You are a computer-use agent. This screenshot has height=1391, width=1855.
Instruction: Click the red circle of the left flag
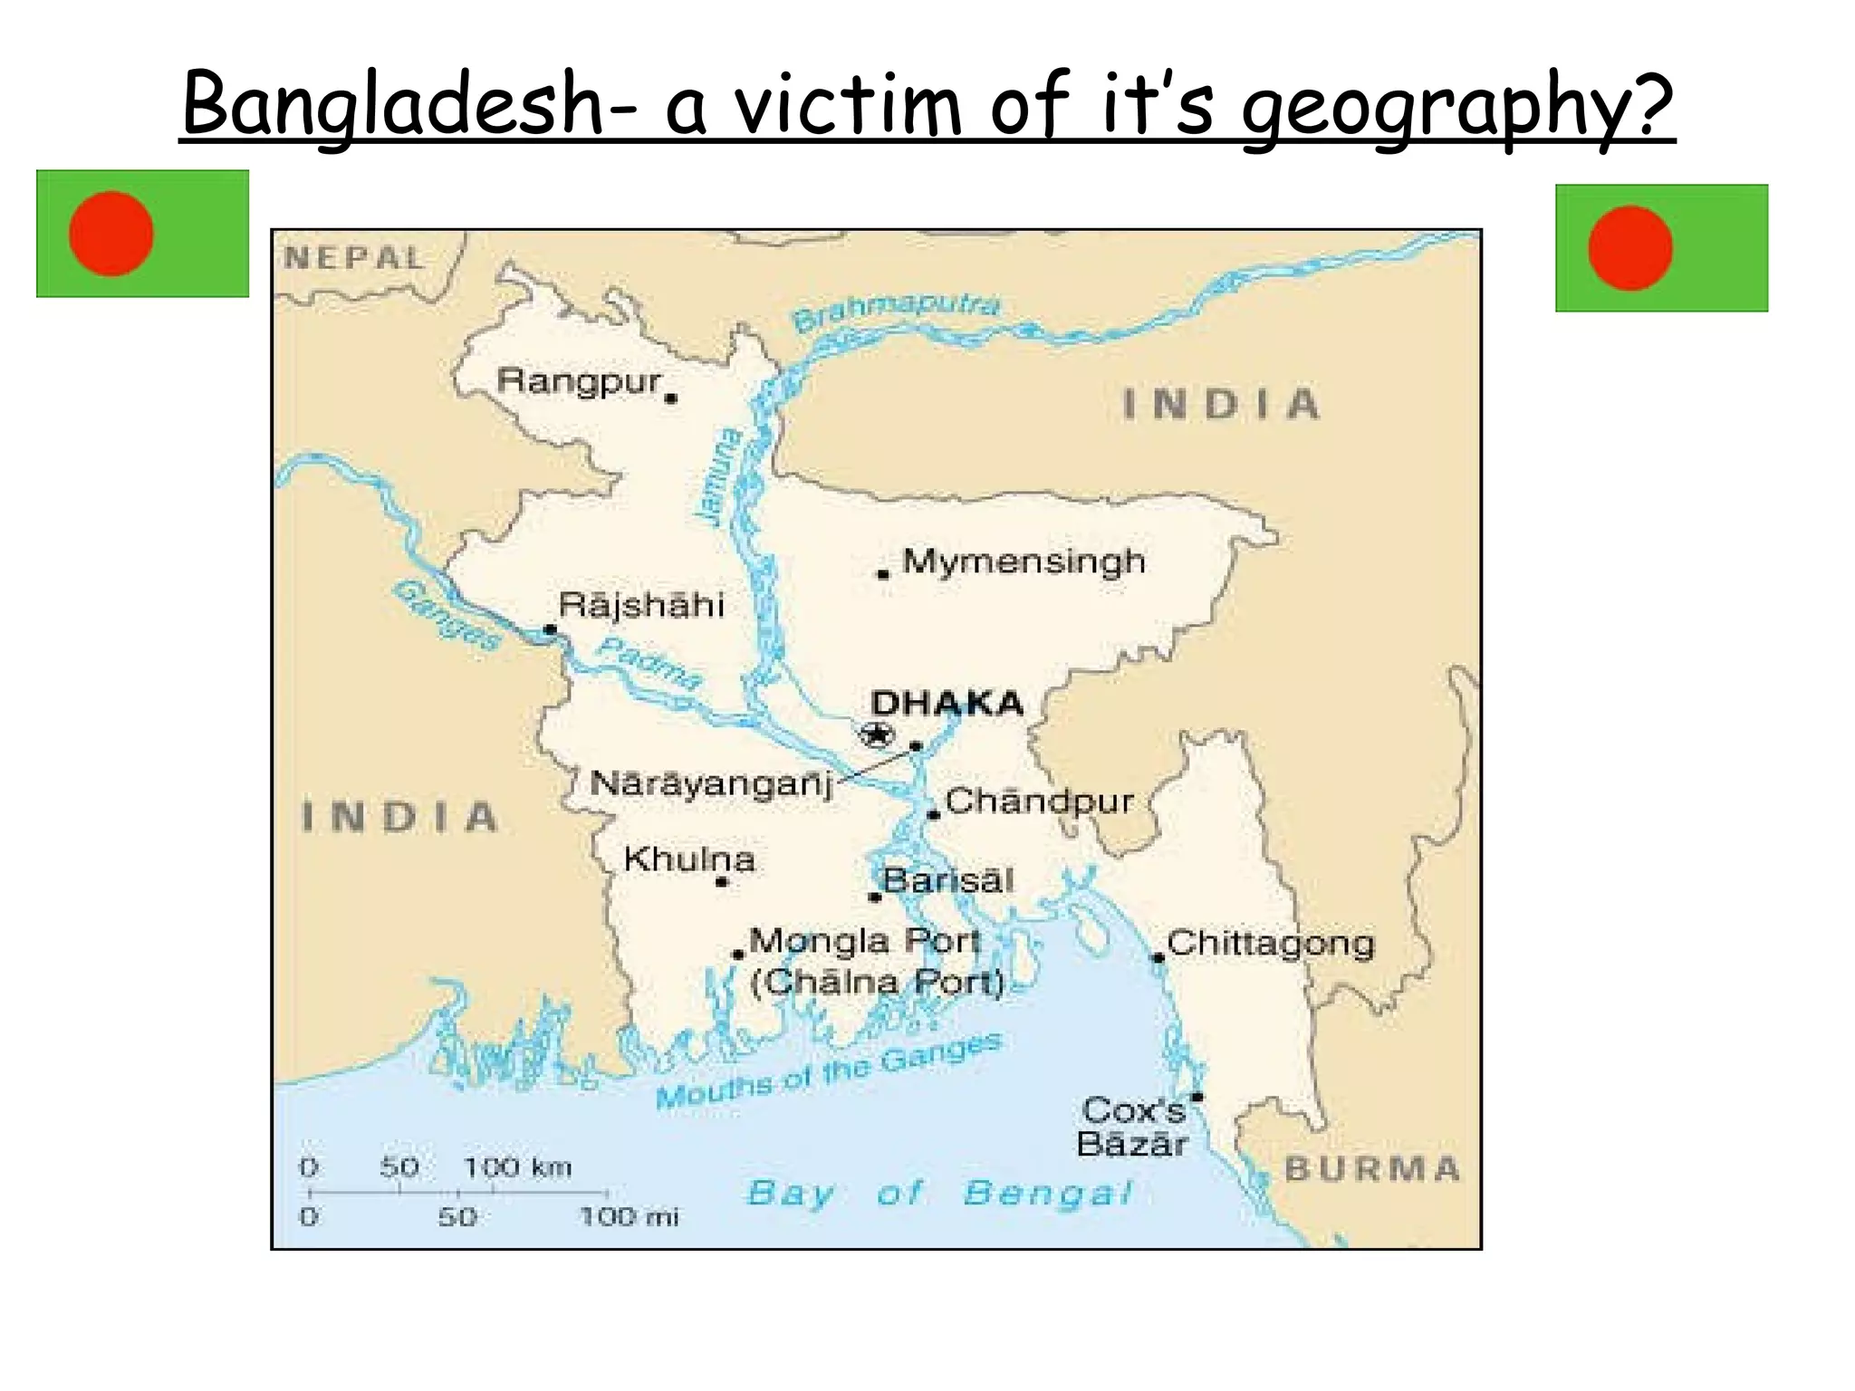tap(111, 234)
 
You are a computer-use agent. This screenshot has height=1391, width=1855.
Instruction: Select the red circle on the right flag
tap(1629, 248)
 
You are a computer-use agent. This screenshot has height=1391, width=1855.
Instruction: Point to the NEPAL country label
tap(354, 259)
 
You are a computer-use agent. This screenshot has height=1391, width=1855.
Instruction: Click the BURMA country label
tap(1372, 1169)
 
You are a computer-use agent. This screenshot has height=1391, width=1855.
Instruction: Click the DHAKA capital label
tap(947, 704)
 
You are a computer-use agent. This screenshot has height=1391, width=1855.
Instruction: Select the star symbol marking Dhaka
tap(876, 734)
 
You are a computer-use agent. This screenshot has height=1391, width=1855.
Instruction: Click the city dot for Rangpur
tap(671, 398)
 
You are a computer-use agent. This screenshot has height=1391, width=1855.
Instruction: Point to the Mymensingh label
tap(1024, 561)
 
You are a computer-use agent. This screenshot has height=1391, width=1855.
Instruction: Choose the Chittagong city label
tap(1271, 945)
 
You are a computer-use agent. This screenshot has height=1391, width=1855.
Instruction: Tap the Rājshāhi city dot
tap(550, 629)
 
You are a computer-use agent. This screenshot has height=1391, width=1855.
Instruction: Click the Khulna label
tap(689, 859)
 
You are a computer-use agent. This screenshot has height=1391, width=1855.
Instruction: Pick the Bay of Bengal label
tap(939, 1193)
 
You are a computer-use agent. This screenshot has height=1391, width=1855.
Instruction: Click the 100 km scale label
tap(518, 1167)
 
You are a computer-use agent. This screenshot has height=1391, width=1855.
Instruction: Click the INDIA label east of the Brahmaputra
tap(1221, 404)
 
